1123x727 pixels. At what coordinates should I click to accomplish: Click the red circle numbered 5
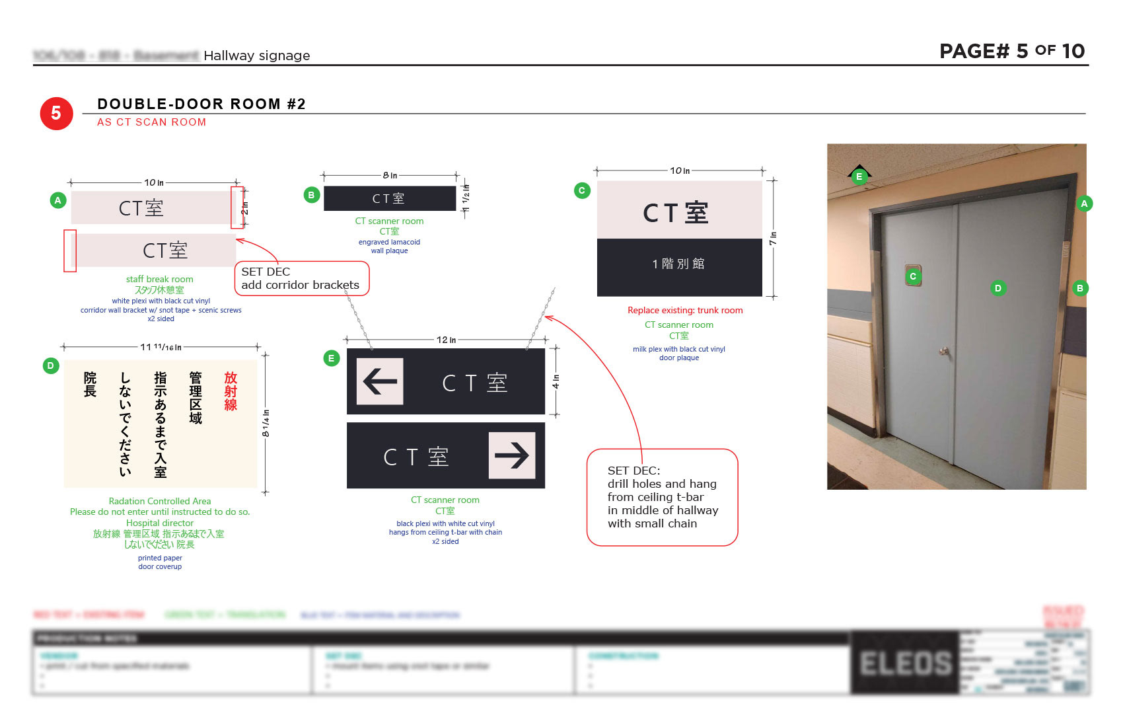(56, 114)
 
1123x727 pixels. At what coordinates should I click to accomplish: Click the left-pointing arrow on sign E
(380, 381)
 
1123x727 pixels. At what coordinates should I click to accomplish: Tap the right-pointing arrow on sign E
(512, 455)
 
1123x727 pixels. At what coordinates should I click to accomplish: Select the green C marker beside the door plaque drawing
(581, 190)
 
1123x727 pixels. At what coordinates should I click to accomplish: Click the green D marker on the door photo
(997, 288)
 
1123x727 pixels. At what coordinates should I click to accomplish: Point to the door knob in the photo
(945, 352)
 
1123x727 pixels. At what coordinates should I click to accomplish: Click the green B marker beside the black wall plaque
(311, 195)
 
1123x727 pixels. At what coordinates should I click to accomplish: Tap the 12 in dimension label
(446, 340)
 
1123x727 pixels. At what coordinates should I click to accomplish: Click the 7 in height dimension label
(773, 239)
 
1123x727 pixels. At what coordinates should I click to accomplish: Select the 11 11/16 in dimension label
(161, 347)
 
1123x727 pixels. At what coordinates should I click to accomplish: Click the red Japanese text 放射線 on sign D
(231, 391)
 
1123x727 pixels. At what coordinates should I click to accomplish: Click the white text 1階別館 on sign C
(678, 264)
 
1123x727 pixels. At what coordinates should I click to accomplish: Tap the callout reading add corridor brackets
(301, 278)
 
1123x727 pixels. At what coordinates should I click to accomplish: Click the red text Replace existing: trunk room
(685, 310)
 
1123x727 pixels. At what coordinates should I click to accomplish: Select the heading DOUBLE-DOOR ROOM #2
(201, 104)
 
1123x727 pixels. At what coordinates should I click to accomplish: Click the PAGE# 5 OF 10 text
(1011, 51)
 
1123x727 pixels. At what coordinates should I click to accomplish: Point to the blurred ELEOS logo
(905, 663)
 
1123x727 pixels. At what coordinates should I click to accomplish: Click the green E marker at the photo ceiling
(859, 176)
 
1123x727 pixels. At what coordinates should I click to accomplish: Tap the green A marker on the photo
(1083, 204)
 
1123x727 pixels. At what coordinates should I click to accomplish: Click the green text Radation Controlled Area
(160, 501)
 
